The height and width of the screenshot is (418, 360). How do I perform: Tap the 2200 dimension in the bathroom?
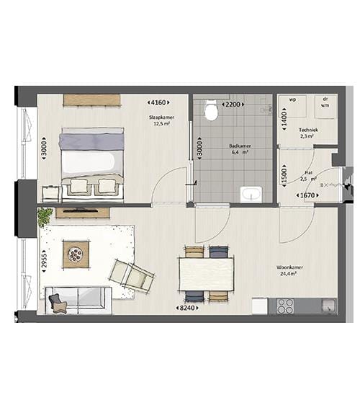[233, 104]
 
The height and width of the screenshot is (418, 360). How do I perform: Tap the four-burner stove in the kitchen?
[285, 306]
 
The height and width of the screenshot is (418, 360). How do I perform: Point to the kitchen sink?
[328, 306]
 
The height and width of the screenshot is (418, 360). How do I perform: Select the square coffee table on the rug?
[76, 252]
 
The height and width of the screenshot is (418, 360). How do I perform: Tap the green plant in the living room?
[45, 215]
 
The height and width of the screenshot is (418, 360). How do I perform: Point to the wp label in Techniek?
[292, 100]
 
